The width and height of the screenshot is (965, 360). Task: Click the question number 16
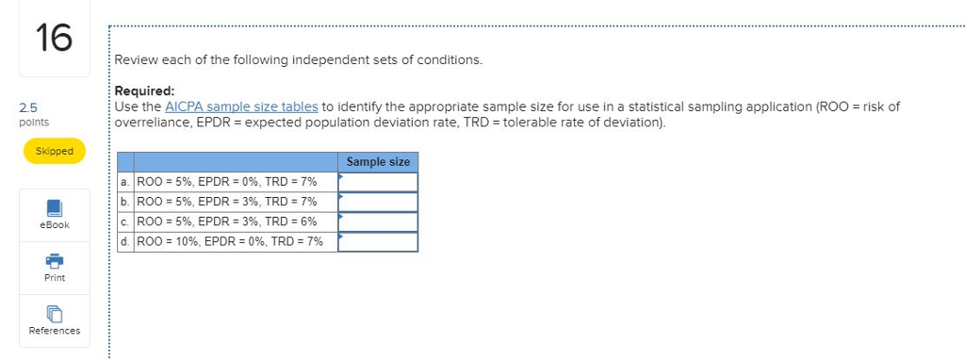[x=54, y=40]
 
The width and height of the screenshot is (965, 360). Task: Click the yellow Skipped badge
[x=55, y=151]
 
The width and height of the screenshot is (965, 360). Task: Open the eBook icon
[x=55, y=207]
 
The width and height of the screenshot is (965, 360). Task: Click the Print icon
[x=55, y=260]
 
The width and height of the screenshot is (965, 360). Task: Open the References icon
[x=55, y=314]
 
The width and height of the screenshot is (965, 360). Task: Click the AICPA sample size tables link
[x=243, y=106]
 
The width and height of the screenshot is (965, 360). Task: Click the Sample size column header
[x=378, y=162]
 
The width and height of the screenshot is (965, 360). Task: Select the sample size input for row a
[x=378, y=182]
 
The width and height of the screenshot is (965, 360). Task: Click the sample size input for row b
[x=378, y=202]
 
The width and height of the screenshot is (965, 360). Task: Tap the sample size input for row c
[x=378, y=221]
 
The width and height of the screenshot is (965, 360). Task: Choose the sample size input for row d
[x=378, y=242]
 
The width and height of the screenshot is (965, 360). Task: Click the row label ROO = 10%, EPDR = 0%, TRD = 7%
[x=230, y=242]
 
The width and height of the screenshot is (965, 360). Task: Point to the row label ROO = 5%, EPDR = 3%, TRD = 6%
[x=227, y=221]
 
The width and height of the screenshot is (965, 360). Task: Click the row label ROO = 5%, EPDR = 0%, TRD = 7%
[x=227, y=182]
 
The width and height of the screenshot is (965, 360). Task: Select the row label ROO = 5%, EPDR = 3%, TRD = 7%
[x=227, y=202]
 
